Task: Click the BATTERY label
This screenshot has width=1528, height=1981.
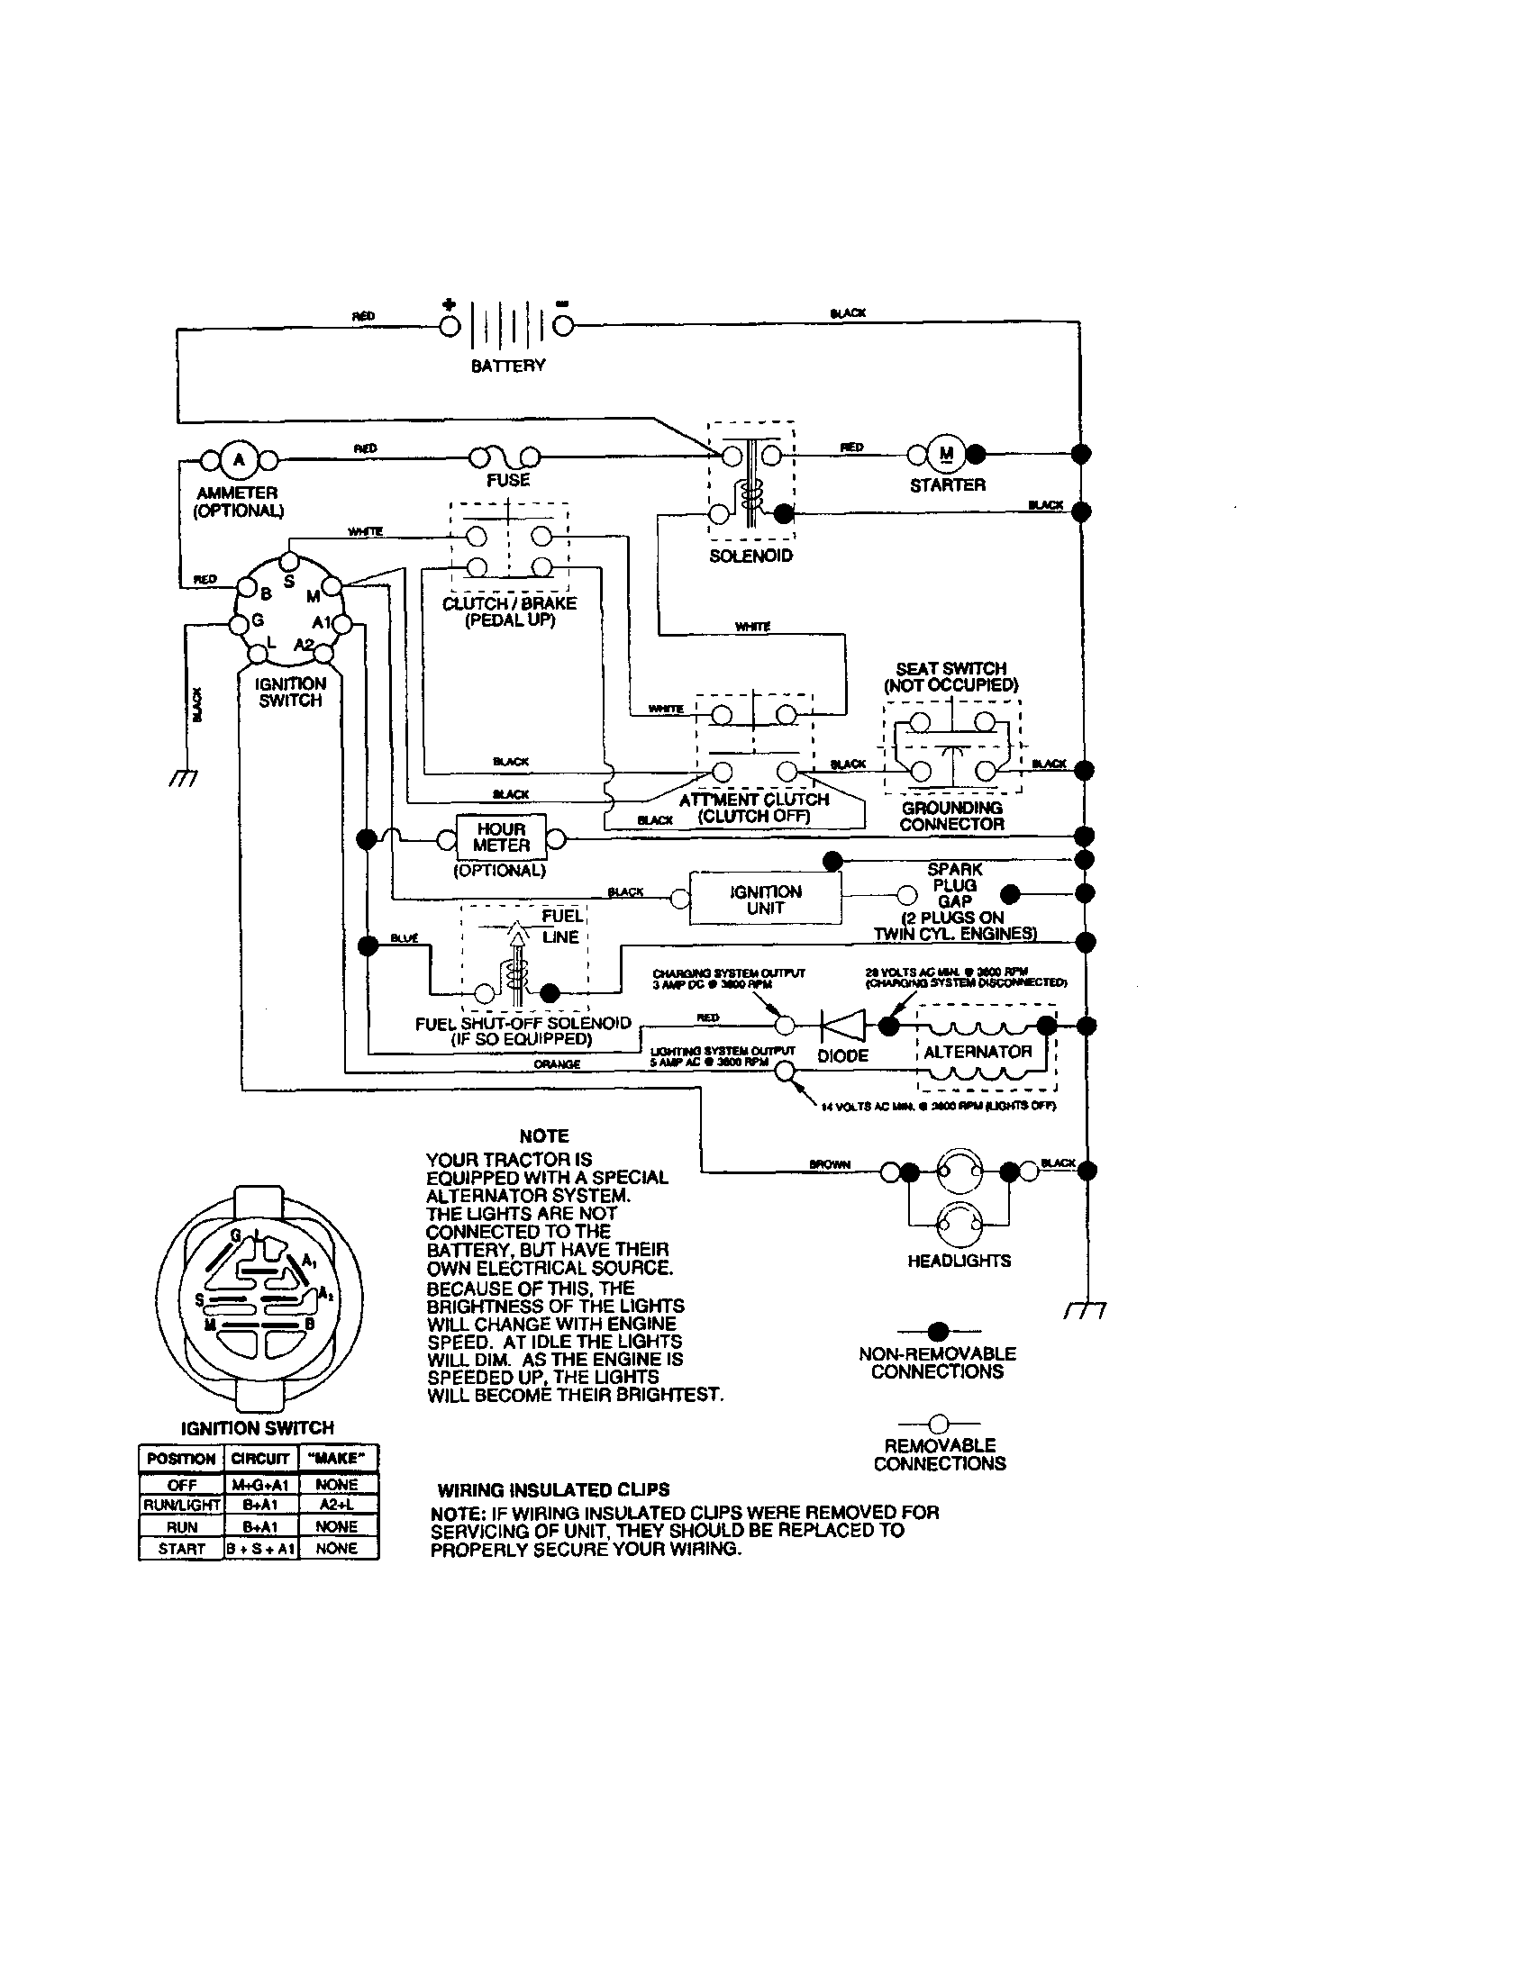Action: tap(508, 366)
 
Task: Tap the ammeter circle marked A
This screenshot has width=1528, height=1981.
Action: tap(240, 460)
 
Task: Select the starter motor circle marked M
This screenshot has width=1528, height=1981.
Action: tap(946, 454)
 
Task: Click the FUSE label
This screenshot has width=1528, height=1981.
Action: tap(508, 480)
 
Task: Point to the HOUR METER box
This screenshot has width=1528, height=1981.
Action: tap(501, 837)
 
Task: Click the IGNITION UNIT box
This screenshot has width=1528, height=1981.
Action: tap(765, 899)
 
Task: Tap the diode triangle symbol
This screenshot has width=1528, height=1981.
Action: tap(843, 1026)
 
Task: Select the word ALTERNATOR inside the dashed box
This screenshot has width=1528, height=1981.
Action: tap(978, 1051)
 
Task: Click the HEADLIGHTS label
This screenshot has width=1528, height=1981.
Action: tap(960, 1261)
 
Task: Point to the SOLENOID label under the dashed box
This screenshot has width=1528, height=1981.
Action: tap(750, 555)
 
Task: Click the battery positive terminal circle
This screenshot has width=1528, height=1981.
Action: tap(450, 327)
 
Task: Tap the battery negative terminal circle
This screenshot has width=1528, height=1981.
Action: tap(562, 327)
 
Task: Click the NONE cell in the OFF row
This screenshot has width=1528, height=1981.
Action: tap(337, 1485)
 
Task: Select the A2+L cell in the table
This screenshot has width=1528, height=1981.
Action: tap(337, 1505)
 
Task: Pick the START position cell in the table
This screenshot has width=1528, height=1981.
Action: tap(181, 1549)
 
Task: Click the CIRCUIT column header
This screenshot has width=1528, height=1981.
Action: tap(259, 1459)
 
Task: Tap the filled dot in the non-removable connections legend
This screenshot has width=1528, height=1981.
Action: tap(938, 1332)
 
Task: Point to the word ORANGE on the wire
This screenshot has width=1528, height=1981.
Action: tap(557, 1064)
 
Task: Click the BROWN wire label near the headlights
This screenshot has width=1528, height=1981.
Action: tap(830, 1163)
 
